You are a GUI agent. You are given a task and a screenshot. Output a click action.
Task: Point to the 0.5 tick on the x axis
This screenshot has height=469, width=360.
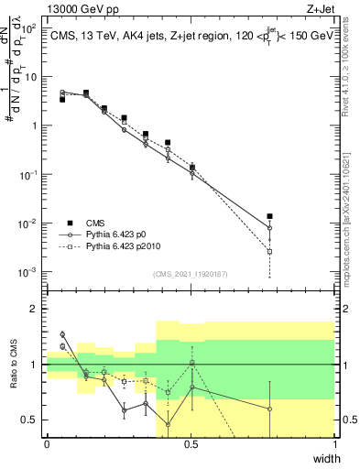click(x=191, y=444)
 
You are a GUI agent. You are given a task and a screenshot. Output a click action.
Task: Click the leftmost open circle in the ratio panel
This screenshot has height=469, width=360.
click(x=62, y=334)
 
